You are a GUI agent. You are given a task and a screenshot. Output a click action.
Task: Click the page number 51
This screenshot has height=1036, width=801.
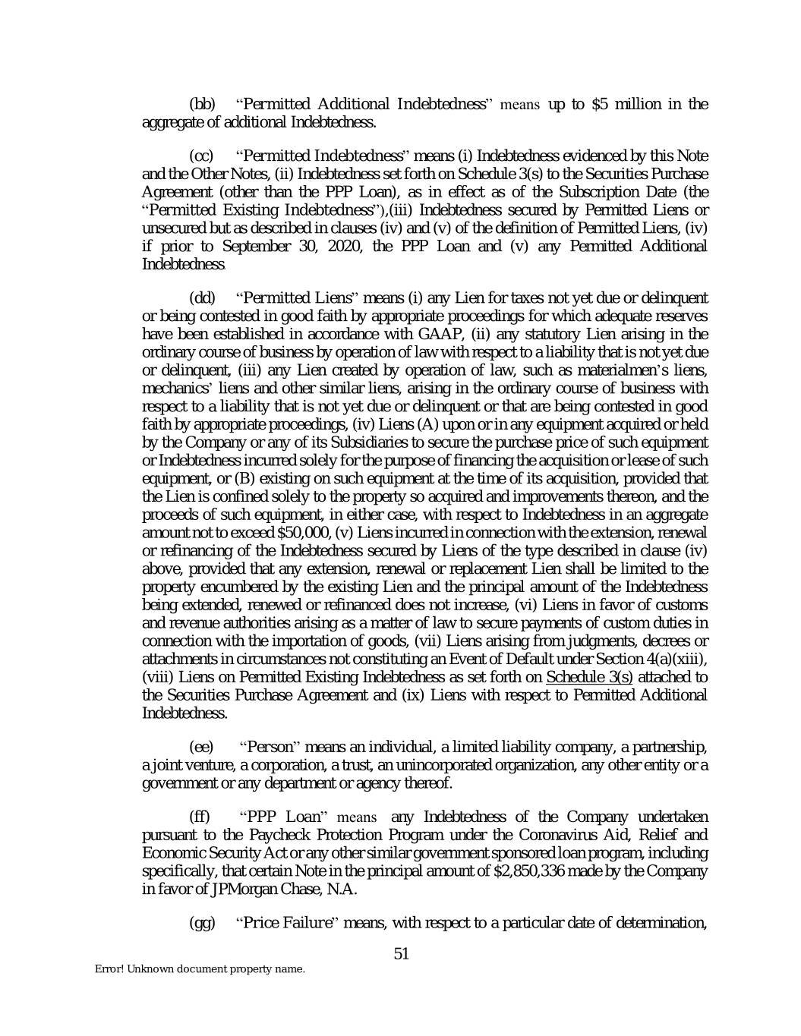point(402,953)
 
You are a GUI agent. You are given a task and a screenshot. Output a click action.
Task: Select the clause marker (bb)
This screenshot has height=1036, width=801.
point(201,104)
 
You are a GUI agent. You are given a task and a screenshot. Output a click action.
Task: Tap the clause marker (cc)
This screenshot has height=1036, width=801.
point(201,156)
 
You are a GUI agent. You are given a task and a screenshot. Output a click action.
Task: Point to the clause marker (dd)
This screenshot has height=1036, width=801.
point(201,297)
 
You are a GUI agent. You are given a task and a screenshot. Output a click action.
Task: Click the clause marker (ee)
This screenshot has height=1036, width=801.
point(201,747)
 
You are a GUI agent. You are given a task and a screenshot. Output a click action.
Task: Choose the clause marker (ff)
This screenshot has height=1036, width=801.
point(200,817)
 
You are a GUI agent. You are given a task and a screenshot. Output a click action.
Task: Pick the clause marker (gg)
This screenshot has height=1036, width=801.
point(201,923)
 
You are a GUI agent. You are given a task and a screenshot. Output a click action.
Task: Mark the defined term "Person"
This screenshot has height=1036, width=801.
point(272,747)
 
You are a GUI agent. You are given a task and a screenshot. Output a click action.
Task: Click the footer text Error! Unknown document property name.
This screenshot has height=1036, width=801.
point(200,970)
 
